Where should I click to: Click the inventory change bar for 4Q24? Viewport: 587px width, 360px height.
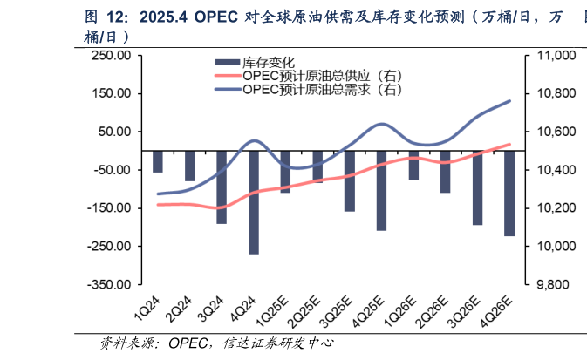point(254,202)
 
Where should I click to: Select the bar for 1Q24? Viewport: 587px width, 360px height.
point(158,161)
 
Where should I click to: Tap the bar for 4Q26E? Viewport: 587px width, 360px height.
point(509,193)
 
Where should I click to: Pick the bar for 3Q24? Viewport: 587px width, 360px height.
point(222,187)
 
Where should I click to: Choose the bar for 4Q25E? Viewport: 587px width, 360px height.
point(381,190)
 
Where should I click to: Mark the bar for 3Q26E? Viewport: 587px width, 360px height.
point(477,187)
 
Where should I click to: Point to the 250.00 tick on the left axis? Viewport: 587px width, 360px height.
point(112,55)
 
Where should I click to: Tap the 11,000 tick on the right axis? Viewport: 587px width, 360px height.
point(550,55)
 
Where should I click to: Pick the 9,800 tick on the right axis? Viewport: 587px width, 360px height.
point(550,284)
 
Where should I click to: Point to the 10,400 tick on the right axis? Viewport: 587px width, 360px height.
point(550,170)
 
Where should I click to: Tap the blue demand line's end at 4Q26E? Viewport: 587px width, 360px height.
point(509,101)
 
